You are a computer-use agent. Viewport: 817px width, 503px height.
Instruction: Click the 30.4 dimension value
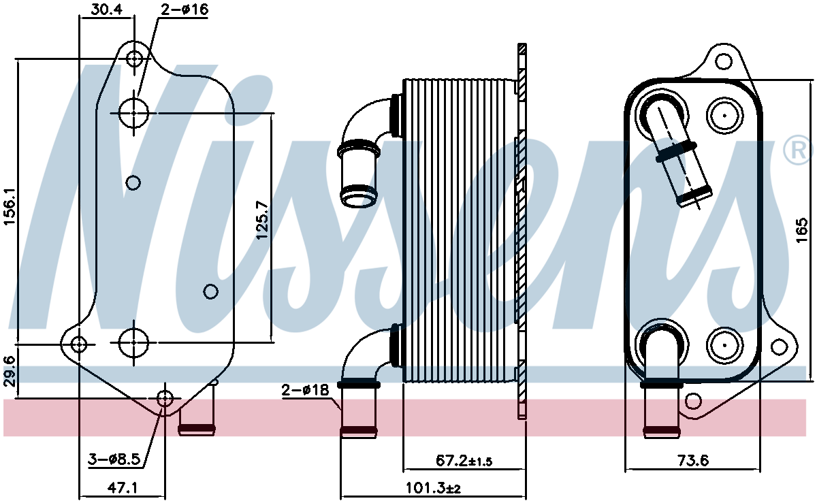pyautogui.click(x=106, y=9)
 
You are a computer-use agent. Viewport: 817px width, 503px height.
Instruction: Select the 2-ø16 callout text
pyautogui.click(x=185, y=9)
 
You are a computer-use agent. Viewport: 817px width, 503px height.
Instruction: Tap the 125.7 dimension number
pyautogui.click(x=263, y=220)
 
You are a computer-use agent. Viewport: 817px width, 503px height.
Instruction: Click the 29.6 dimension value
pyautogui.click(x=10, y=372)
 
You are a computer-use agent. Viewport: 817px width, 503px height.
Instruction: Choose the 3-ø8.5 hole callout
pyautogui.click(x=114, y=459)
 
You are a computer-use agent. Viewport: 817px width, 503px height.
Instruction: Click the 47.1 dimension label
pyautogui.click(x=122, y=487)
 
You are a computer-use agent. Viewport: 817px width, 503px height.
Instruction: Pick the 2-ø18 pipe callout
pyautogui.click(x=305, y=390)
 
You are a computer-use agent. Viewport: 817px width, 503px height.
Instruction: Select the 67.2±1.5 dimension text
pyautogui.click(x=464, y=461)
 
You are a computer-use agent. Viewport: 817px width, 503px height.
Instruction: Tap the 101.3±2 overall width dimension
pyautogui.click(x=433, y=487)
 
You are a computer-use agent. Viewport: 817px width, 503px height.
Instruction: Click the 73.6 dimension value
pyautogui.click(x=693, y=461)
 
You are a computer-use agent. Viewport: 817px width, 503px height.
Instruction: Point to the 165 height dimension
pyautogui.click(x=802, y=230)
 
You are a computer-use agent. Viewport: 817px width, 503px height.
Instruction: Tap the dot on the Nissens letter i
pyautogui.click(x=250, y=99)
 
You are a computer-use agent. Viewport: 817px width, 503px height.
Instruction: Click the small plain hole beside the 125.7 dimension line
pyautogui.click(x=210, y=291)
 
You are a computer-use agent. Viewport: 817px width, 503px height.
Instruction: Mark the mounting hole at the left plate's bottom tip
pyautogui.click(x=165, y=399)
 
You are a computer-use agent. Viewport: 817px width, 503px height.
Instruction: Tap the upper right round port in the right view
pyautogui.click(x=724, y=116)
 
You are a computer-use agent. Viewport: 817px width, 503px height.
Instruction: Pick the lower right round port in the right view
pyautogui.click(x=724, y=345)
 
